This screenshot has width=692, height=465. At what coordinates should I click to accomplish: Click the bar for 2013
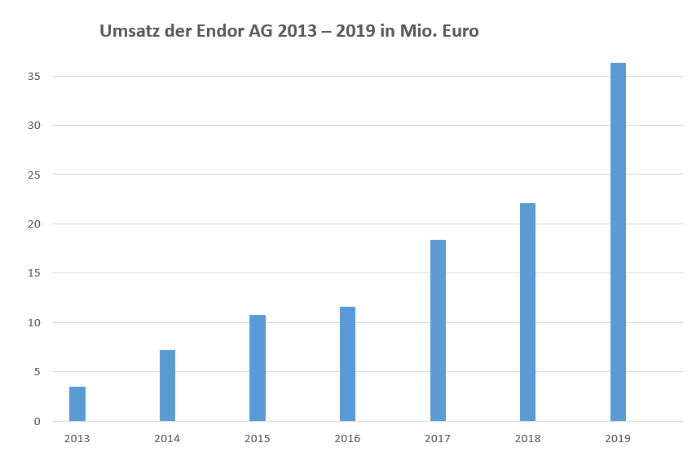pyautogui.click(x=77, y=404)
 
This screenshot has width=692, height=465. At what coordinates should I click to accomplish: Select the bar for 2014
pyautogui.click(x=167, y=385)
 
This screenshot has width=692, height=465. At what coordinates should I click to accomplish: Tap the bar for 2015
pyautogui.click(x=258, y=368)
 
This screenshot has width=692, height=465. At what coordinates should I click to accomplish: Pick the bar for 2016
pyautogui.click(x=347, y=364)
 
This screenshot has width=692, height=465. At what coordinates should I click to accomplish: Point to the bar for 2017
pyautogui.click(x=438, y=330)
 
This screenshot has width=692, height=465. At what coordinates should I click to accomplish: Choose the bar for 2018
pyautogui.click(x=527, y=312)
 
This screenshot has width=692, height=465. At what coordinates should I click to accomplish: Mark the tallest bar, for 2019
pyautogui.click(x=618, y=241)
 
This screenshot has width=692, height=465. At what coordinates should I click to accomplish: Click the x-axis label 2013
pyautogui.click(x=77, y=439)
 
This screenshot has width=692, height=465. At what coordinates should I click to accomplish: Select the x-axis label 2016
pyautogui.click(x=347, y=439)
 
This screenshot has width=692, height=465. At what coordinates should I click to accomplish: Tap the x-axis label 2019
pyautogui.click(x=618, y=439)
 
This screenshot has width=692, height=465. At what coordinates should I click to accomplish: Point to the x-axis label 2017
pyautogui.click(x=438, y=439)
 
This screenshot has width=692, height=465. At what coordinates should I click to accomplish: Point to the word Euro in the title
pyautogui.click(x=459, y=32)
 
